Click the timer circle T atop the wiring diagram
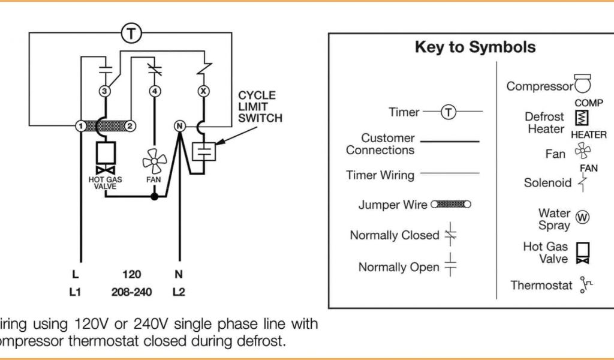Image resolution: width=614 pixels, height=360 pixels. tap(132, 34)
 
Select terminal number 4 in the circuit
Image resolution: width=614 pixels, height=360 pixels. tap(155, 92)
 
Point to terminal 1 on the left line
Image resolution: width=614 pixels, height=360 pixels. tap(80, 127)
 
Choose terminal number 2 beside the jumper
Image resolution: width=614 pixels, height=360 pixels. tap(130, 127)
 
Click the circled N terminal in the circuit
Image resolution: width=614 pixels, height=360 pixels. tap(179, 127)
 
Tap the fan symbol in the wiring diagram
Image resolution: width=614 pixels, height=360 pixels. tap(154, 161)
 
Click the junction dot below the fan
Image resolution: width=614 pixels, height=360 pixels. tap(155, 196)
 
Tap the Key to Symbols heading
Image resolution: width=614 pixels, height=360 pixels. tap(475, 47)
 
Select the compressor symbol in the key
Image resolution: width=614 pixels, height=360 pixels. tap(582, 85)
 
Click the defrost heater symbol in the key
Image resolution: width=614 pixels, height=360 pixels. tap(581, 118)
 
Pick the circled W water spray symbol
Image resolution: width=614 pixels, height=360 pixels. tap(582, 217)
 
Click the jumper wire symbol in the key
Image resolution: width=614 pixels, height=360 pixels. tap(450, 205)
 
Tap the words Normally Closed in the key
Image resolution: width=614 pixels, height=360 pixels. tap(394, 235)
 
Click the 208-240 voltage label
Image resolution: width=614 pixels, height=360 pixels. tap(132, 293)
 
